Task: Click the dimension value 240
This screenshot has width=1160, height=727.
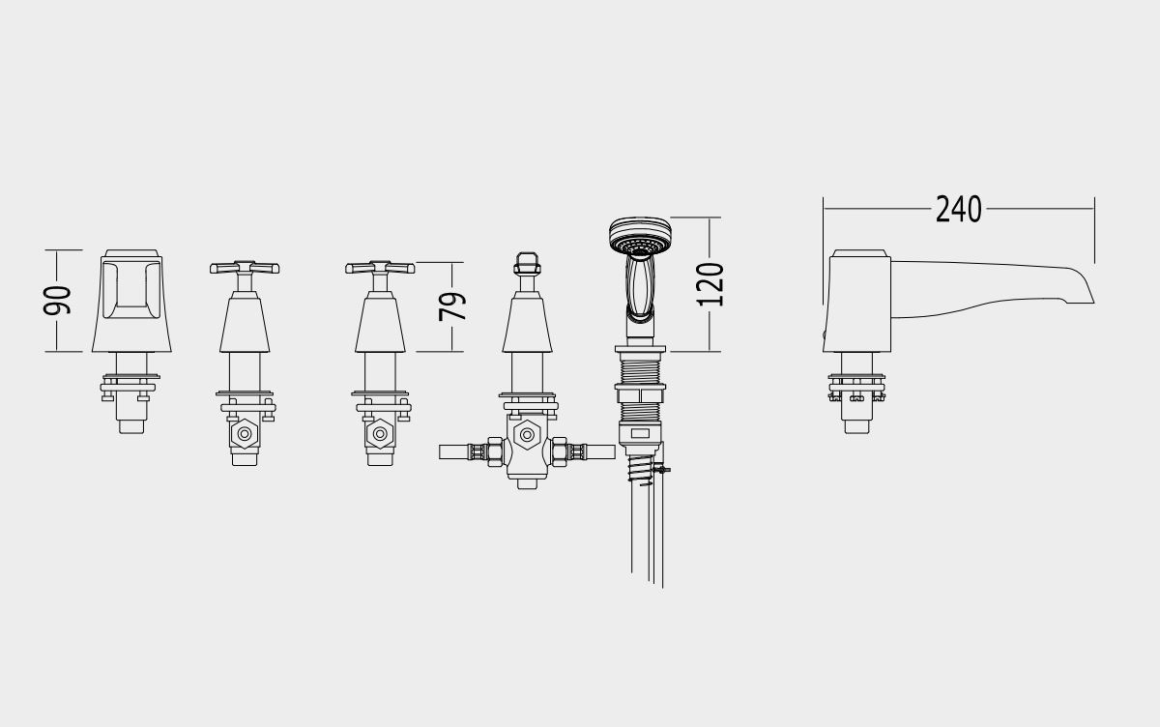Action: pyautogui.click(x=958, y=209)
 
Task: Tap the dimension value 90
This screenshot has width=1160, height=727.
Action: pyautogui.click(x=57, y=301)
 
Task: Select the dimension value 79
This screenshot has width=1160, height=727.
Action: pyautogui.click(x=452, y=306)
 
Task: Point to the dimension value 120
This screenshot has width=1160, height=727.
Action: pyautogui.click(x=710, y=284)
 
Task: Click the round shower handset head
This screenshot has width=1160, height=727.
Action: pyautogui.click(x=640, y=236)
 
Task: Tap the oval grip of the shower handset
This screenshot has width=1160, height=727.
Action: pyautogui.click(x=640, y=286)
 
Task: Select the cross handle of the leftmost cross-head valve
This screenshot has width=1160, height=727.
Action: pyautogui.click(x=245, y=267)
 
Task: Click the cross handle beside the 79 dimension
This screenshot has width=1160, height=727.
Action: pyautogui.click(x=380, y=267)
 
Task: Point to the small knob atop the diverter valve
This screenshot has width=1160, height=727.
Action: pyautogui.click(x=527, y=264)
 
